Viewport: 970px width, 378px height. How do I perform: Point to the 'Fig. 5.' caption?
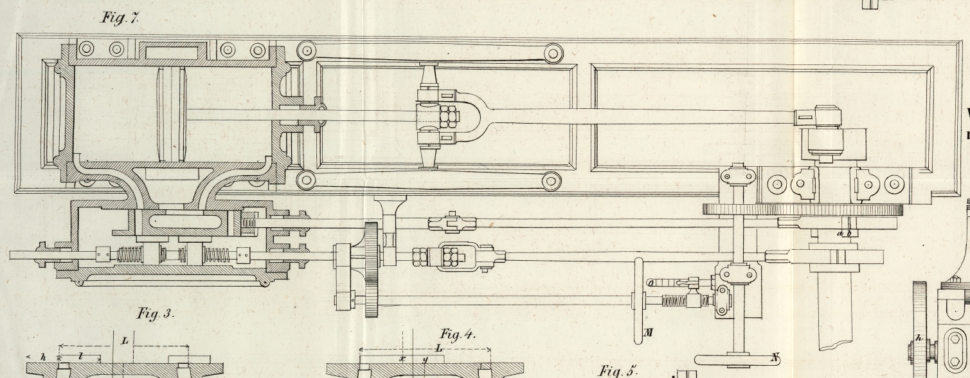[x=618, y=371]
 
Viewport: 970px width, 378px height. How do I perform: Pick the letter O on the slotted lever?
[x=651, y=282]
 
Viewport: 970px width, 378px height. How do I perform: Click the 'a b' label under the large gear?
[x=844, y=233]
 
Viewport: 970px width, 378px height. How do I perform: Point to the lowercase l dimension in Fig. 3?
[x=79, y=356]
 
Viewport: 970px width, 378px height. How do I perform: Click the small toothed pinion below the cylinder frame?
[x=371, y=269]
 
